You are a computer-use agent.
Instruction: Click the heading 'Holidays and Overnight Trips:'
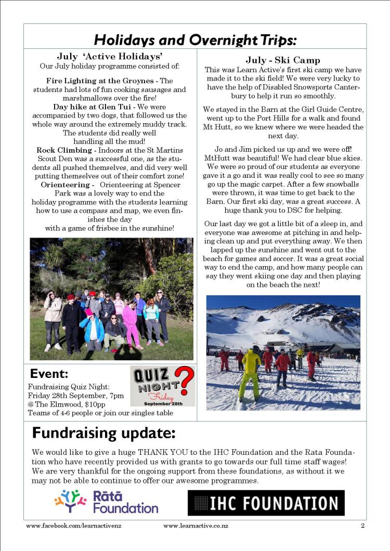195,40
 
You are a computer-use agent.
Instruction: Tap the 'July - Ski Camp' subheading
282,60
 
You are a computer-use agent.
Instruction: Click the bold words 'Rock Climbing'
60,150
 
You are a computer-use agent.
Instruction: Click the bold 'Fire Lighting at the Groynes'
101,81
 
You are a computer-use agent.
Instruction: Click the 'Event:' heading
49,373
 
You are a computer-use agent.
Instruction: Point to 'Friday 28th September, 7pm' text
75,396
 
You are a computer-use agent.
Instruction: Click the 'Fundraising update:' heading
103,432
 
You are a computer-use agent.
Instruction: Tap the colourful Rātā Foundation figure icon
70,501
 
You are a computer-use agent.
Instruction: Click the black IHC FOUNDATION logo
266,503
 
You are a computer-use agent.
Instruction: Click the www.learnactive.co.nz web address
195,526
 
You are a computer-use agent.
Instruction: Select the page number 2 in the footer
362,526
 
